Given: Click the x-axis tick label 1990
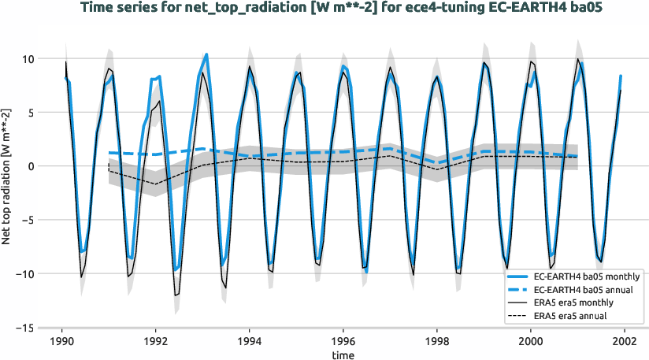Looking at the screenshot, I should pos(61,342).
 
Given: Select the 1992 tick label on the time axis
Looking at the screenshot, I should pos(155,342).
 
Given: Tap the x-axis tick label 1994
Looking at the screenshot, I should pos(250,342).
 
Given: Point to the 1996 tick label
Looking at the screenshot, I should pos(343,342).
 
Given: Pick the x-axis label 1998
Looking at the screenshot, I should pos(437,342).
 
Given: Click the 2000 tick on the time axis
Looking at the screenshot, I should pos(531,342).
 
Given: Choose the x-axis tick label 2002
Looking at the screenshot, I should pos(625,342).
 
